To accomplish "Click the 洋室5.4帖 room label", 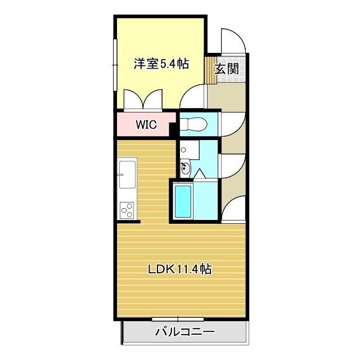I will pyautogui.click(x=160, y=65).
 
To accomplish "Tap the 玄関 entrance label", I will pyautogui.click(x=227, y=69).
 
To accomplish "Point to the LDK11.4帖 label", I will pyautogui.click(x=179, y=269).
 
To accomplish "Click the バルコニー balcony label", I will pyautogui.click(x=184, y=332).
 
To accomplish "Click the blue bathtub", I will pyautogui.click(x=183, y=202).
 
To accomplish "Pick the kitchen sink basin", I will pyautogui.click(x=127, y=174).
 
